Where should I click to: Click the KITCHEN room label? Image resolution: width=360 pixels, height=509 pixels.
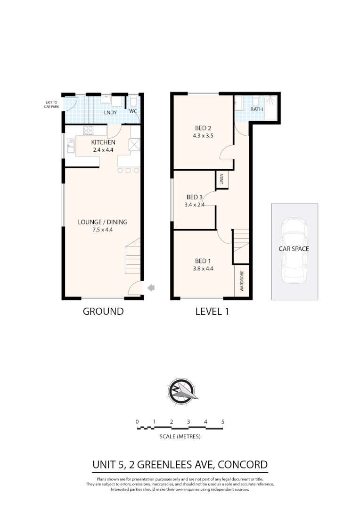point(103,142)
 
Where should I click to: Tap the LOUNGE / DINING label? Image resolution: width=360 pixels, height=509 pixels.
point(103,222)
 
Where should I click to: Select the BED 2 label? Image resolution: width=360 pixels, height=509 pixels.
point(203,128)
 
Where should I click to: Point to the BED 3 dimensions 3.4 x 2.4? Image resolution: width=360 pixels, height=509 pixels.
point(195,205)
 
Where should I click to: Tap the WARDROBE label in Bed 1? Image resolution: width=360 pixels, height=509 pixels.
point(242,281)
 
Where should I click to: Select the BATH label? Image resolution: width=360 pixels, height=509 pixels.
point(256,109)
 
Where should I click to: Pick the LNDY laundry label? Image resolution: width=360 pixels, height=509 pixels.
point(110,113)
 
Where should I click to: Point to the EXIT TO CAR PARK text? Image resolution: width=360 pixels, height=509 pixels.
point(51,104)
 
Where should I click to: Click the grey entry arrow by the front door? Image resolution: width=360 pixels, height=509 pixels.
point(152,287)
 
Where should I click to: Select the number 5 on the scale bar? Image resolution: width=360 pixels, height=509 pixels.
point(222,421)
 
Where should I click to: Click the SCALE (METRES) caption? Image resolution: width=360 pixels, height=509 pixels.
point(180,436)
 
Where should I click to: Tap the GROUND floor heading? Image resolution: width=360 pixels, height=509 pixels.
point(103,311)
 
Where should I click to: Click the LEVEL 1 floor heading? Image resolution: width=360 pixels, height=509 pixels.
point(212,311)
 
